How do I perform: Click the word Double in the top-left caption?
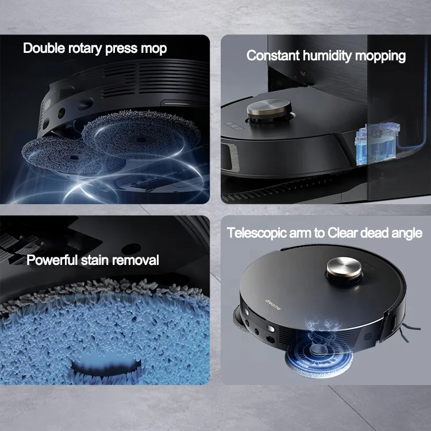click(x=43, y=48)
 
